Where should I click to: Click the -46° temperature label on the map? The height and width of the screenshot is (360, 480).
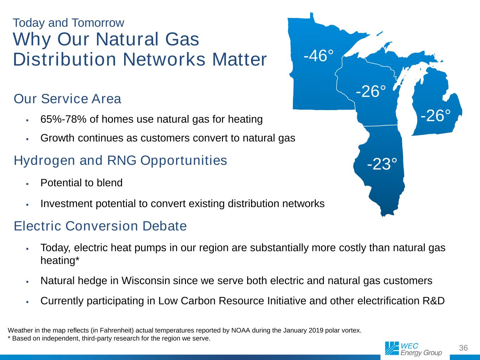coord(318,56)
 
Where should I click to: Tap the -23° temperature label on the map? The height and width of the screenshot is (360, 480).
coord(382,164)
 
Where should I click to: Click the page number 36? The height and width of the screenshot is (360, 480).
coord(463,348)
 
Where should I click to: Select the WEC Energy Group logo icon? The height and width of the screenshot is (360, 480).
coord(392,348)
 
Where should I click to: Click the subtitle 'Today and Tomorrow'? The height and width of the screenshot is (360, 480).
coord(69,23)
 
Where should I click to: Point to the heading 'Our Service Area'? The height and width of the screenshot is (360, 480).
coord(68,98)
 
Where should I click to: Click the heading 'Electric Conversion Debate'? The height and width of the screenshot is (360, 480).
coord(100,226)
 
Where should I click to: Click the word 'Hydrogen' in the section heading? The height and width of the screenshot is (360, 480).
coord(45,161)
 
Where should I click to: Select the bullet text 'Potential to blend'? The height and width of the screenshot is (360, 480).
coord(82,183)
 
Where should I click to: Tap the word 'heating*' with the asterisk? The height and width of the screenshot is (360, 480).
coord(60,261)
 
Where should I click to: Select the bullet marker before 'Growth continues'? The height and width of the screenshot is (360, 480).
coord(27,139)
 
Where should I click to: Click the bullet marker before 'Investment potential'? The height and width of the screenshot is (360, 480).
coord(27,205)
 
